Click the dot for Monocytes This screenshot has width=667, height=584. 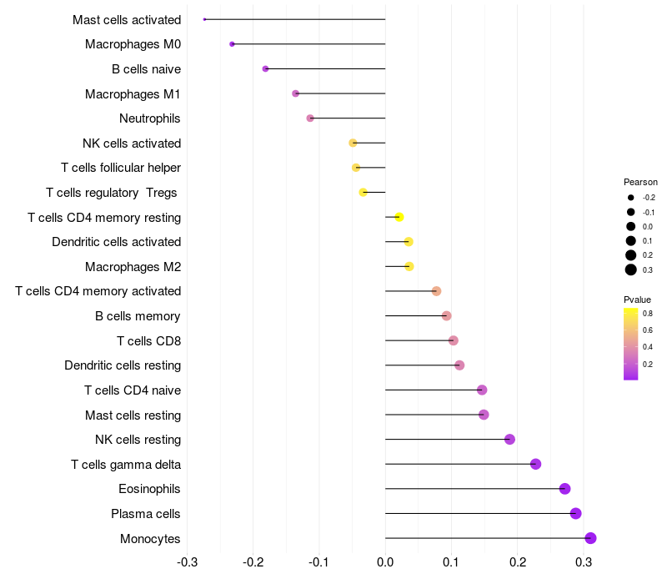click(590, 538)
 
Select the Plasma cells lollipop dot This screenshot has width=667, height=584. click(575, 513)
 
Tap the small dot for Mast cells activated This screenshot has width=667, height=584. click(204, 19)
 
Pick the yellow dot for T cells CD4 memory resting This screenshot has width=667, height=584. click(399, 217)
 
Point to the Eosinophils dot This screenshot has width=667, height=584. click(564, 489)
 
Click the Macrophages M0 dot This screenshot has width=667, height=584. click(232, 44)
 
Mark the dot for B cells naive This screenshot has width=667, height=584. click(265, 68)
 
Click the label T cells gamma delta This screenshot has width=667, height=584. click(126, 464)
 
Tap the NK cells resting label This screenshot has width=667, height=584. click(138, 440)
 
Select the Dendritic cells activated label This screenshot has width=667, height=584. click(116, 242)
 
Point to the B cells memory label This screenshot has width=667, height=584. click(138, 316)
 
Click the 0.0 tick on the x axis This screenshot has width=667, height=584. click(385, 563)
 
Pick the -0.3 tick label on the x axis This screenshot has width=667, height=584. click(187, 563)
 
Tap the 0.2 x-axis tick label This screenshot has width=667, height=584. click(517, 563)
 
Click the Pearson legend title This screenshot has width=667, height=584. click(640, 182)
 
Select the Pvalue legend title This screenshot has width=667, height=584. click(637, 300)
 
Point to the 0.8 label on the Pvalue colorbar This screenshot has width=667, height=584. click(647, 314)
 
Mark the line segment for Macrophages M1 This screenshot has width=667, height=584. click(340, 93)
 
